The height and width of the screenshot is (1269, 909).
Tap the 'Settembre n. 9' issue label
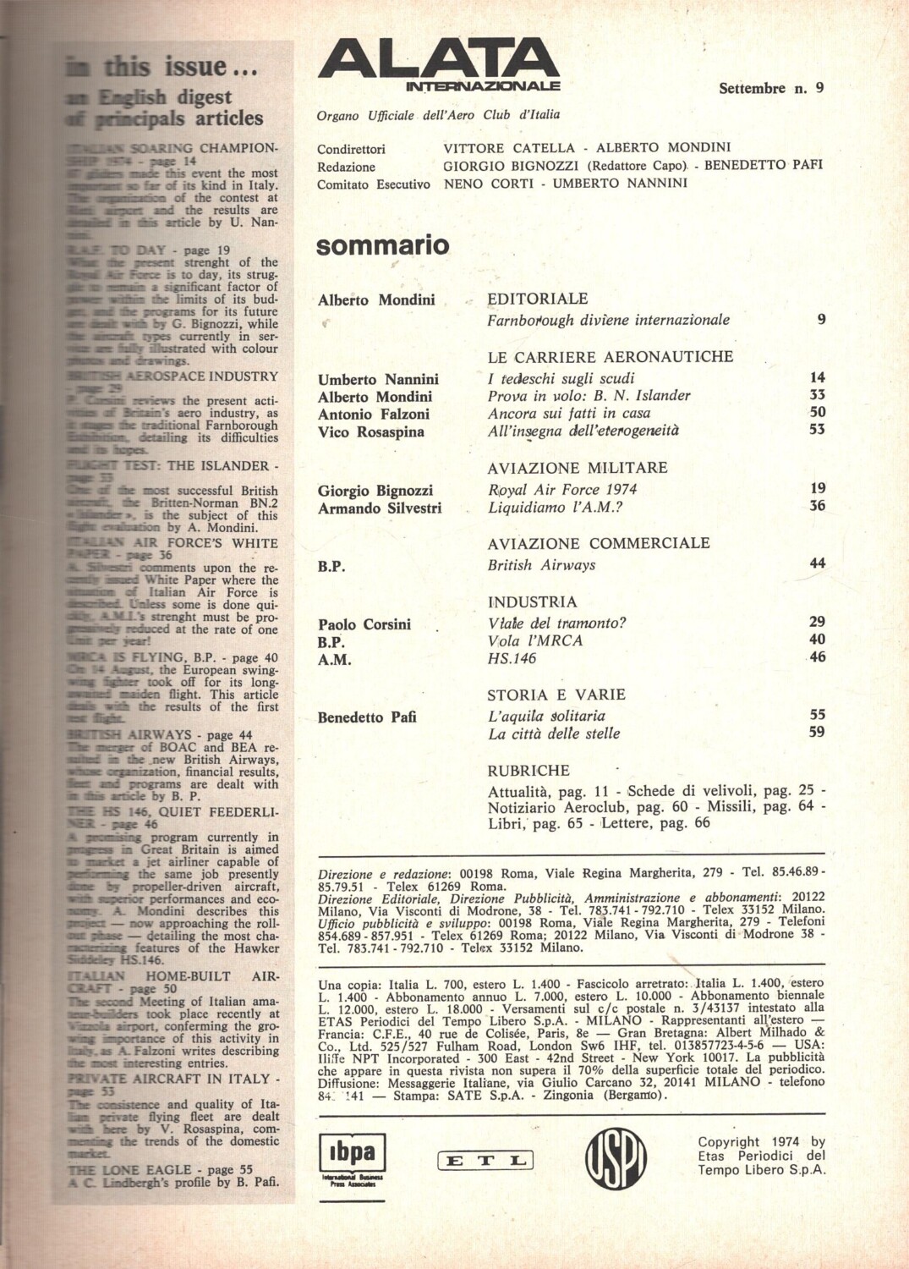click(x=770, y=87)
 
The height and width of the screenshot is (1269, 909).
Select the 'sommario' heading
click(x=382, y=245)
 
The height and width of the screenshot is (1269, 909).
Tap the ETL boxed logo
click(x=485, y=1161)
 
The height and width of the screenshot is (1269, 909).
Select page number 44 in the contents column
click(x=817, y=563)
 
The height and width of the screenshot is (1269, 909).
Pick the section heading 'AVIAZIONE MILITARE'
click(x=578, y=467)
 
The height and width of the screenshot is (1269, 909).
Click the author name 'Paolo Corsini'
click(x=364, y=624)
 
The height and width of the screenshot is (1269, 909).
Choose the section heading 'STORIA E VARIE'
click(x=556, y=695)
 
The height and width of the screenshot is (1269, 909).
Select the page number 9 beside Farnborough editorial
click(x=821, y=319)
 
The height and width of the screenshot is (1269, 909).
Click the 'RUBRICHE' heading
click(x=528, y=771)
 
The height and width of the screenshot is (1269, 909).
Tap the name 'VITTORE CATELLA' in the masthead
click(x=509, y=147)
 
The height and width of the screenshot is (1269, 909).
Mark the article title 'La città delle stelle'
click(x=554, y=733)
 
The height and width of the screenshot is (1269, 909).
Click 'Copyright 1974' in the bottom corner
click(x=759, y=1141)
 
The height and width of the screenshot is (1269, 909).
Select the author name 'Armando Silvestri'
click(x=380, y=508)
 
